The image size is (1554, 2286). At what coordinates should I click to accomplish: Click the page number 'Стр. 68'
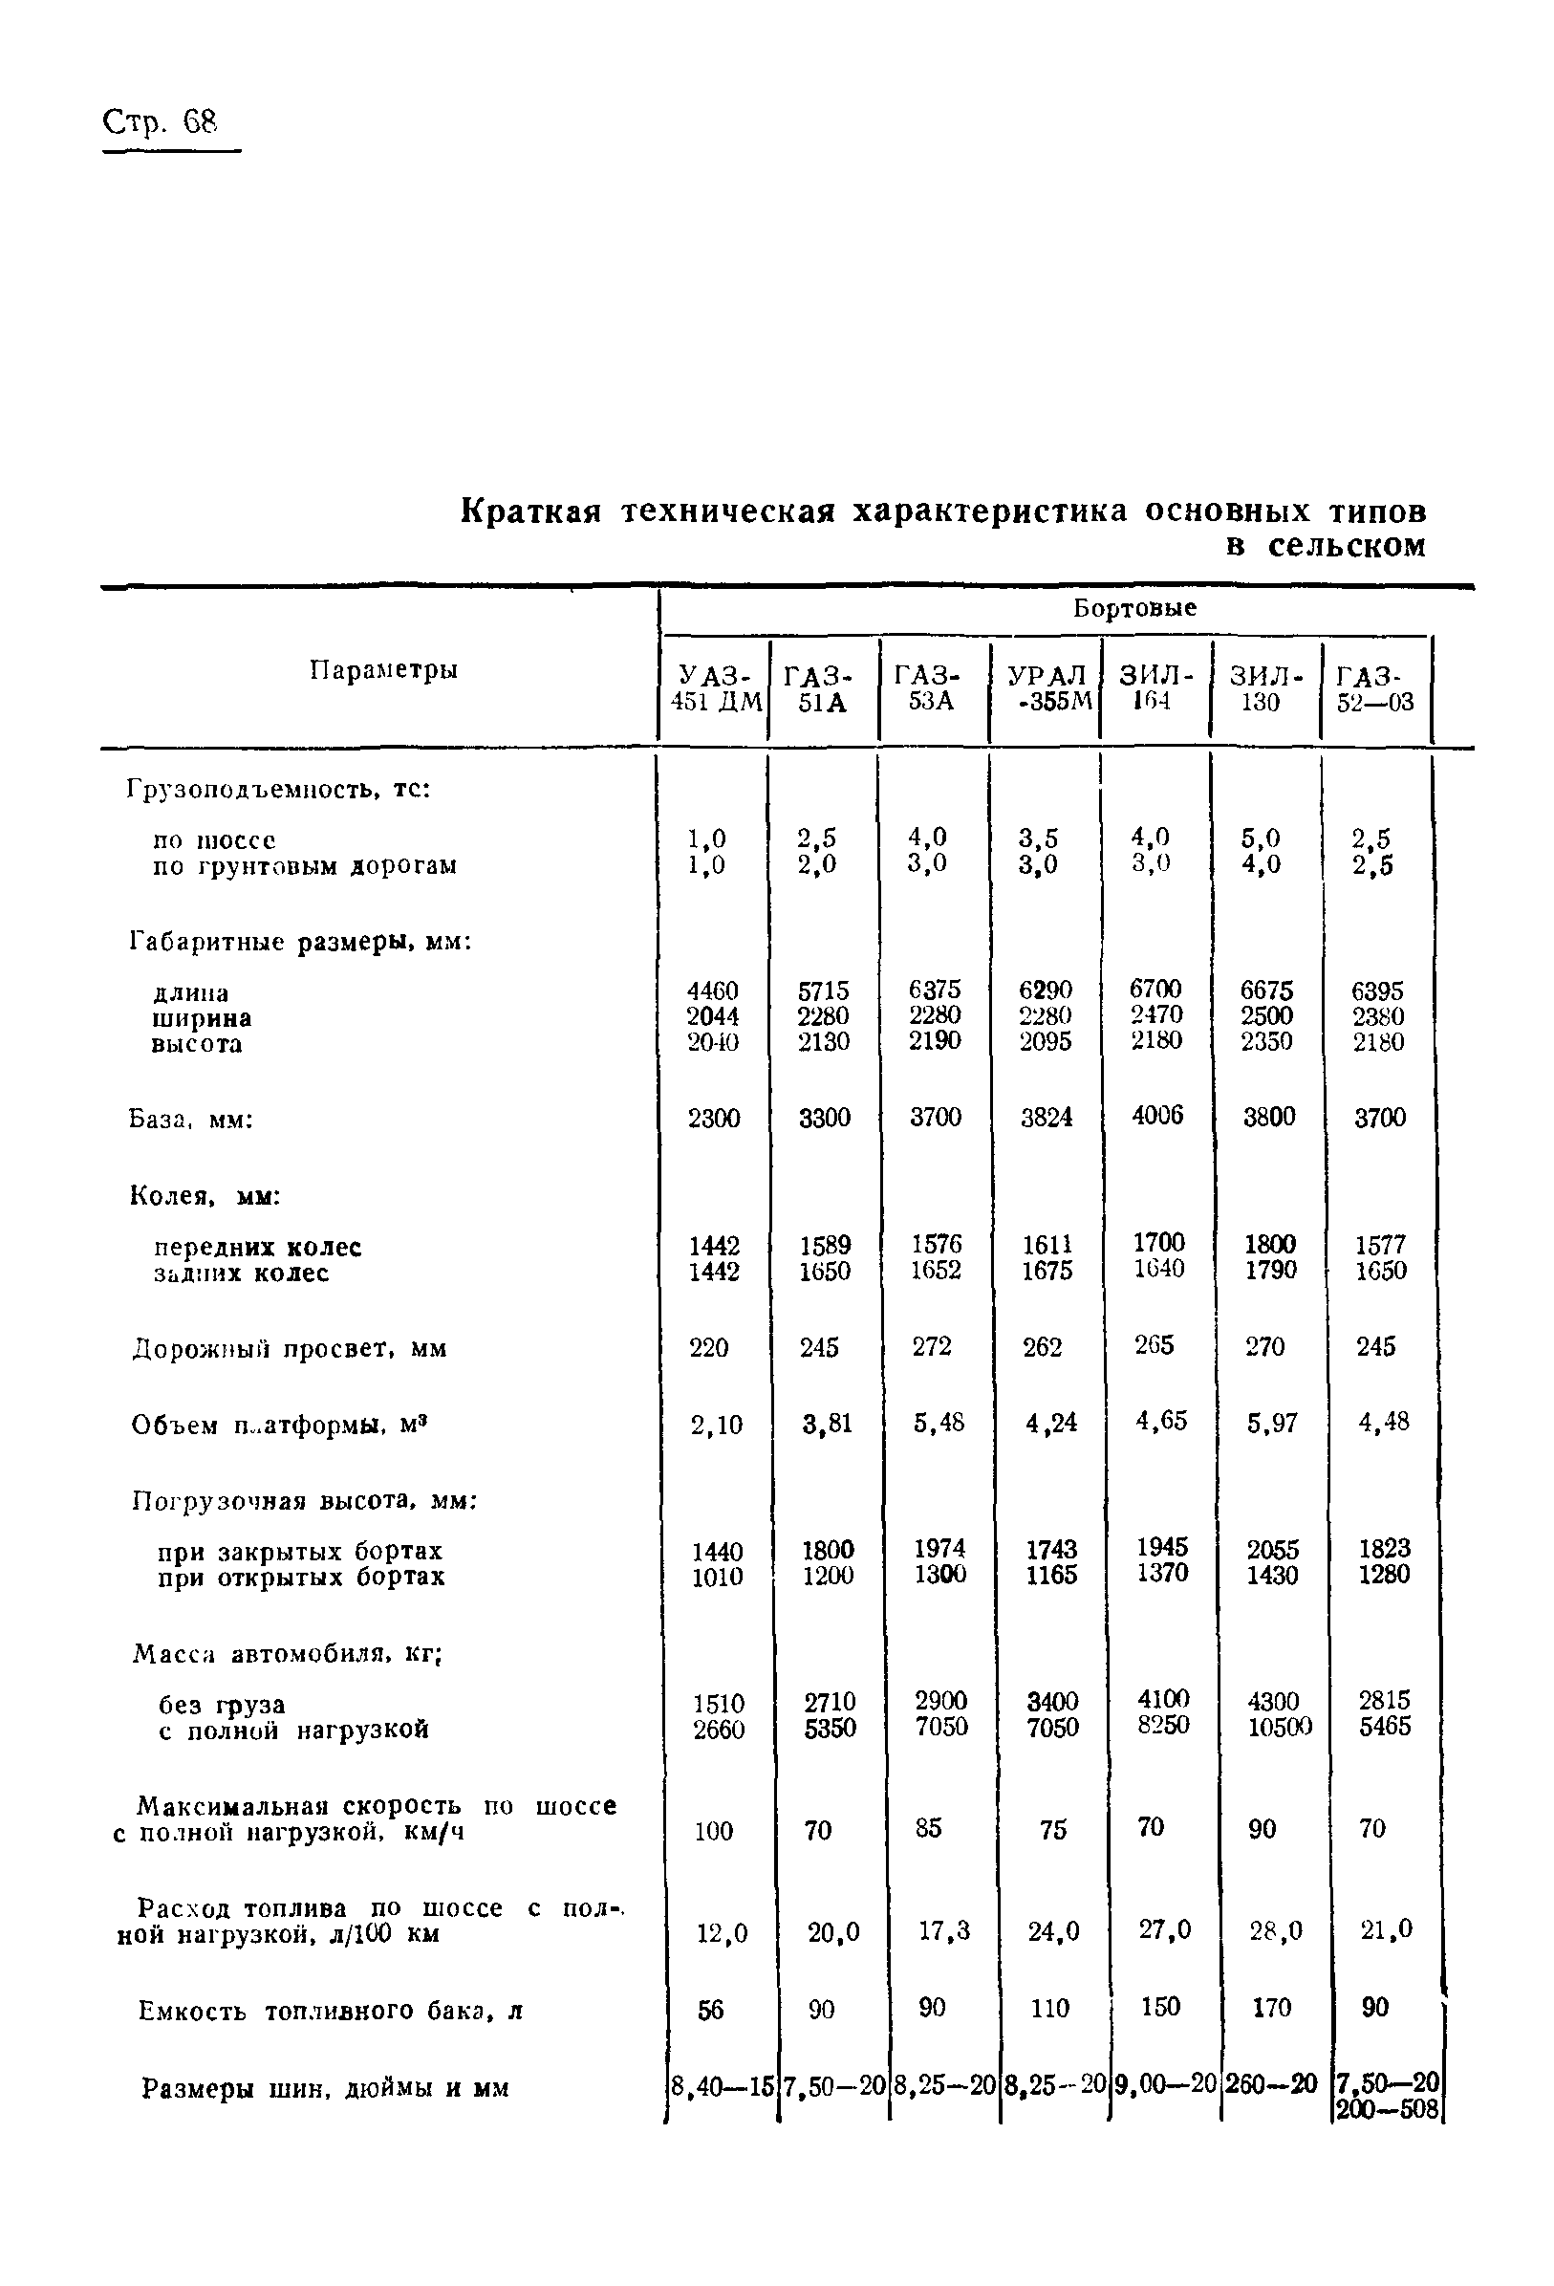point(160,123)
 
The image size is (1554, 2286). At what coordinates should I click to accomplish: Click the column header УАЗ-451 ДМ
point(715,688)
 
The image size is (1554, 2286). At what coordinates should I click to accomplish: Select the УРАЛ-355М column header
point(1047,688)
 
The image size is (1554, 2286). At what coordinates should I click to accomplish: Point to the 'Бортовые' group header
point(1134,608)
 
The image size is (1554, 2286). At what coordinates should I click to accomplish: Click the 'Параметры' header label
point(383,670)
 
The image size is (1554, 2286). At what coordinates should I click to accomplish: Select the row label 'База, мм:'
point(192,1120)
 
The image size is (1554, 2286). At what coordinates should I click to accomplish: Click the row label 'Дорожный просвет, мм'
point(290,1349)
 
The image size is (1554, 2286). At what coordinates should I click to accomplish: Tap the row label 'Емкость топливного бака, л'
point(330,2011)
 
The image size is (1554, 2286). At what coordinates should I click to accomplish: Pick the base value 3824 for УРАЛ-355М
point(1046,1118)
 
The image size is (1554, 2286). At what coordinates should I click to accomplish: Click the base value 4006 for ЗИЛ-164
point(1156,1115)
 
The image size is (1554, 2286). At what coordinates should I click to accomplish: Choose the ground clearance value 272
point(932,1345)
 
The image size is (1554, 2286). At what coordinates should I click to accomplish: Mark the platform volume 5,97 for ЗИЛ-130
point(1272,1423)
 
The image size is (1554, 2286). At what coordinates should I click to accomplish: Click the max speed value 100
point(713,1831)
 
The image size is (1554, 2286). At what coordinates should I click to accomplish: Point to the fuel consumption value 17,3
point(943,1931)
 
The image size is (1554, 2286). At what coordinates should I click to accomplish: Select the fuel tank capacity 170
point(1271,2008)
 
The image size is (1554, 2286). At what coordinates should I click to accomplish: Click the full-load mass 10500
point(1279,1728)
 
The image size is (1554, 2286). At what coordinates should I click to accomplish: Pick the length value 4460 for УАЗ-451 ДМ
point(712,991)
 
